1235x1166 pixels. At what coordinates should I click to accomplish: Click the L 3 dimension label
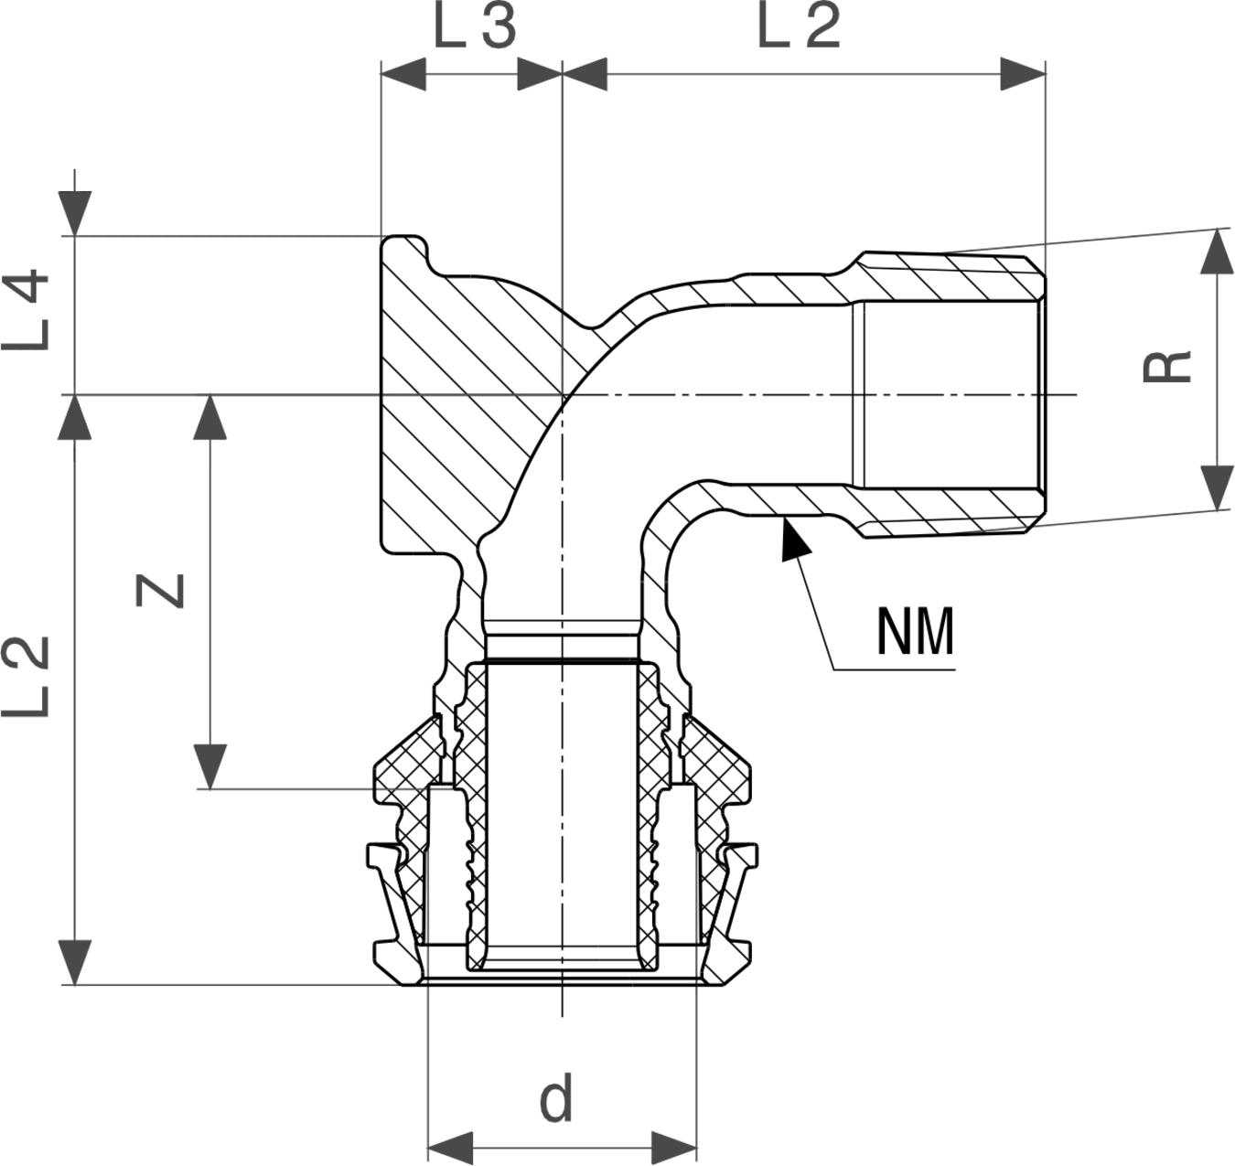click(475, 28)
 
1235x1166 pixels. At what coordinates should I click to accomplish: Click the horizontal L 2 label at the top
click(799, 28)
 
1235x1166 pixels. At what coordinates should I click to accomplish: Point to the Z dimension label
click(160, 591)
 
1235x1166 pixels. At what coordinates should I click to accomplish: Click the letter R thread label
click(1167, 367)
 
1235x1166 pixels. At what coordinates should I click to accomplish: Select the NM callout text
click(915, 632)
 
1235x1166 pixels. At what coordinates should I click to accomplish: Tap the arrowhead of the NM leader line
click(794, 540)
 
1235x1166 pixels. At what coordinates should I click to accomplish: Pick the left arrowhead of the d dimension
click(450, 1149)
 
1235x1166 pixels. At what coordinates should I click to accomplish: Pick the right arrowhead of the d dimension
click(674, 1149)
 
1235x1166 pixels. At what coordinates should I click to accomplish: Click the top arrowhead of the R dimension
click(1217, 251)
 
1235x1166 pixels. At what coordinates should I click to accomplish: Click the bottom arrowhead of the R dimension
click(1217, 488)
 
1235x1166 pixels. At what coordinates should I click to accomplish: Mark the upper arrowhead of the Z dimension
click(210, 417)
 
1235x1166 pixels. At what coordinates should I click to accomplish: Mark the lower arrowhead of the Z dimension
click(210, 767)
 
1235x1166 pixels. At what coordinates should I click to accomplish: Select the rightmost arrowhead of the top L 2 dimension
click(1023, 74)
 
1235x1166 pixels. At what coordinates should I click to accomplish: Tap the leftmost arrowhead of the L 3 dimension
click(403, 74)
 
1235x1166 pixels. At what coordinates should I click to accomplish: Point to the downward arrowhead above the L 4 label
click(75, 213)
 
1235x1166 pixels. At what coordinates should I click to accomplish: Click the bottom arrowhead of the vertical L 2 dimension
click(75, 963)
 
